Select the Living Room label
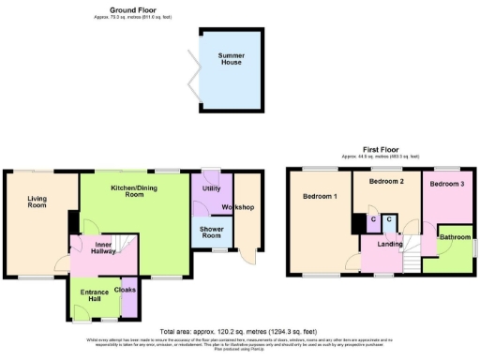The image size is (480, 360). pos(37,201)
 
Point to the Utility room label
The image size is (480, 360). pos(210,188)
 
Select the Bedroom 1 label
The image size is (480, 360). pos(319,197)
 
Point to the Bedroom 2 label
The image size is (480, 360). pos(385,180)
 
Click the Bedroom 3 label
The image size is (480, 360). pos(446,184)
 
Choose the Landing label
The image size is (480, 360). pos(389,246)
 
